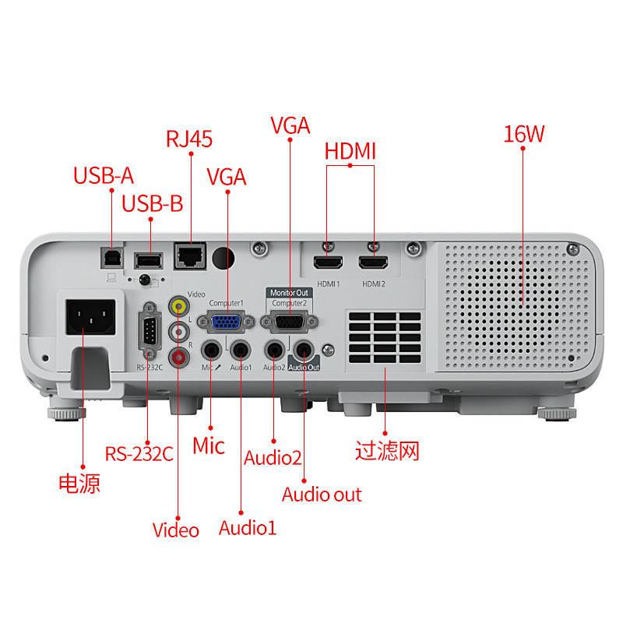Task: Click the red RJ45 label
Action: click(189, 139)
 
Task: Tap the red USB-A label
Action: click(104, 175)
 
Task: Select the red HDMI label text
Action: click(350, 150)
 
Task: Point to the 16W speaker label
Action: click(523, 134)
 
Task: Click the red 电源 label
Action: click(79, 484)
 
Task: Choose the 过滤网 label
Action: click(387, 451)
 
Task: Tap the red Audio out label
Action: click(322, 494)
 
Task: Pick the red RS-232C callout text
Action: click(139, 453)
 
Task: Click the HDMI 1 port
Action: click(327, 263)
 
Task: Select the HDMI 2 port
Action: click(374, 263)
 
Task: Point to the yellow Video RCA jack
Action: click(180, 305)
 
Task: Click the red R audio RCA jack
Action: click(180, 356)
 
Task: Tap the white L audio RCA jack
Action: click(180, 331)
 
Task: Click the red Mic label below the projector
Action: click(209, 445)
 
